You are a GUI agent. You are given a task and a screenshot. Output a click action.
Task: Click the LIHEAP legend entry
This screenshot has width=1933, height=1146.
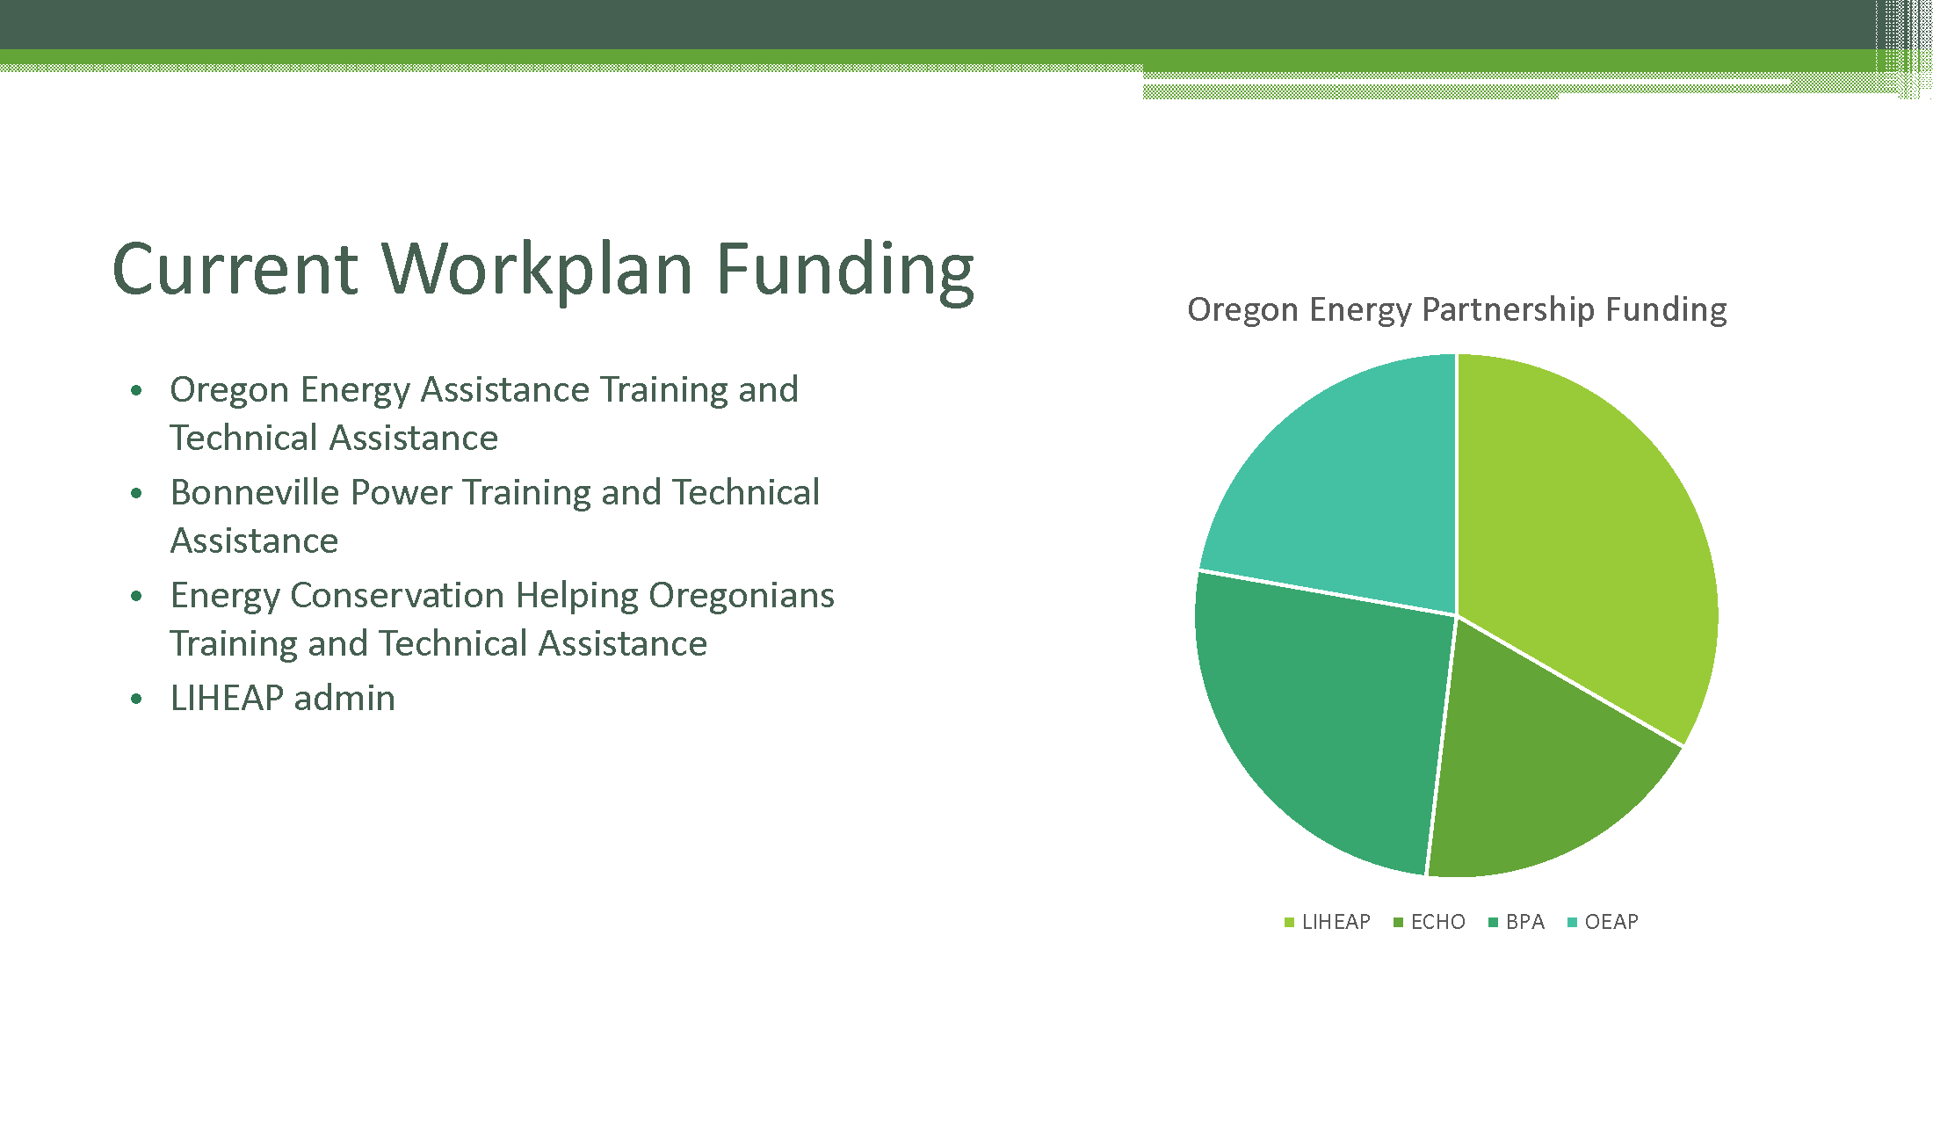coord(1328,922)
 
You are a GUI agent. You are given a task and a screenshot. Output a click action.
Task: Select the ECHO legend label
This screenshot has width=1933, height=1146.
coord(1430,922)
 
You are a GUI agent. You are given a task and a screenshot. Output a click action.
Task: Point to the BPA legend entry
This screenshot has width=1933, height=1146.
coord(1517,922)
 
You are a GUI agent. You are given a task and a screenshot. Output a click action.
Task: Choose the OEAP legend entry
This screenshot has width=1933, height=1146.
coord(1604,922)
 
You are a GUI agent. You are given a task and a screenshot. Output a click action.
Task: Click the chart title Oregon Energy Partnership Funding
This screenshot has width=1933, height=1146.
coord(1457,310)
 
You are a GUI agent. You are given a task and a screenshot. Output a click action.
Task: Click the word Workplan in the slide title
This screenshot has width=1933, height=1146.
coord(537,270)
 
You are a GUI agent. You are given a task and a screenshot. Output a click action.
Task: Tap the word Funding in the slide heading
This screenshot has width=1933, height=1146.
coord(845,270)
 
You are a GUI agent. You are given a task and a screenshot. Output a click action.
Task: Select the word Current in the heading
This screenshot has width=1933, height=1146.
coord(235,270)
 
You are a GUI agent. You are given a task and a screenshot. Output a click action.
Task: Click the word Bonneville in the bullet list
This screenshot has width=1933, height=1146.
coord(255,492)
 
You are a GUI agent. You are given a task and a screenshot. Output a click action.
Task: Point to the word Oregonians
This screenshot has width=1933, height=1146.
coord(742,596)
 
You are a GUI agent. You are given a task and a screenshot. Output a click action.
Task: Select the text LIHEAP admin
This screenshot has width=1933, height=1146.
coord(283,698)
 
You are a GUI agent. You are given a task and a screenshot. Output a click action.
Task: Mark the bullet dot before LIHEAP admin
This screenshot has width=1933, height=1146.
coord(136,700)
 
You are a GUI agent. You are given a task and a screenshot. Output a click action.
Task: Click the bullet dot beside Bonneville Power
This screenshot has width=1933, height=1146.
coord(136,494)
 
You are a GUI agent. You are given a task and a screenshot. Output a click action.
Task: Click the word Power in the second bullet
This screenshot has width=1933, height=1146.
coord(402,492)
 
